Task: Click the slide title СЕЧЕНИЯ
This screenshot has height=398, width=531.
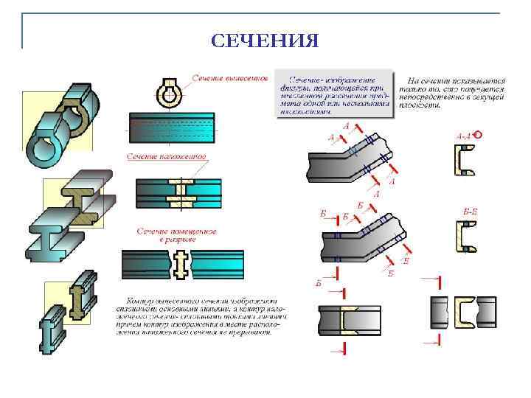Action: (x=265, y=40)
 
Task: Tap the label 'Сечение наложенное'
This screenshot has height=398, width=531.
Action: (x=165, y=156)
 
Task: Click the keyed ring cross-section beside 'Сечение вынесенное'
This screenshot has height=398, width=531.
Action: (x=168, y=94)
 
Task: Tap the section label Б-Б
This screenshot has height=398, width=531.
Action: (x=470, y=212)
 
